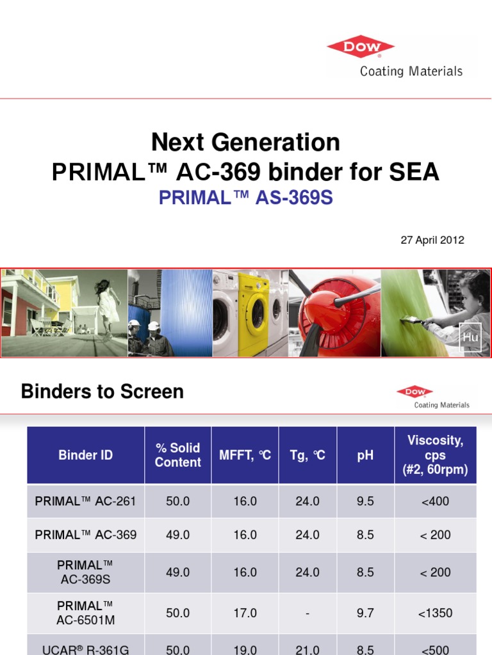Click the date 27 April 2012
[x=432, y=241]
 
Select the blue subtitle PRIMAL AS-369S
[x=246, y=198]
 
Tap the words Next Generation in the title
[x=246, y=142]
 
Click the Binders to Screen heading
[x=102, y=391]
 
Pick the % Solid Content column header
[x=177, y=455]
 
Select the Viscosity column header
[x=435, y=455]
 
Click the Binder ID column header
[x=86, y=455]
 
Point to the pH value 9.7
[x=365, y=613]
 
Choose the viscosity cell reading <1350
[x=435, y=613]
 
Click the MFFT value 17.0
[x=245, y=613]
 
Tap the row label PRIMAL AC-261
[x=86, y=501]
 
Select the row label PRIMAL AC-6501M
[x=86, y=613]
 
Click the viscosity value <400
[x=435, y=501]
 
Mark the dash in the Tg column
[x=307, y=613]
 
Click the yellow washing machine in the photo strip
[x=254, y=313]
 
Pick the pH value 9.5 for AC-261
[x=365, y=501]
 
